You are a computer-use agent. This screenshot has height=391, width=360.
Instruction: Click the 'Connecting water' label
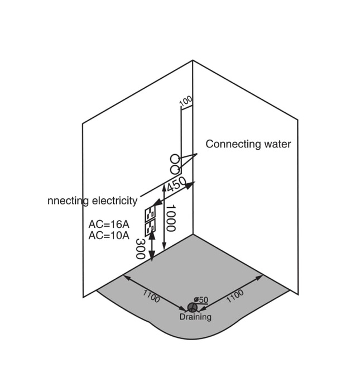[248, 144]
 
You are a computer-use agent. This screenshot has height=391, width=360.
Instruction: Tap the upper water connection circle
[175, 159]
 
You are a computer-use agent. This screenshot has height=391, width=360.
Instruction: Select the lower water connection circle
[175, 169]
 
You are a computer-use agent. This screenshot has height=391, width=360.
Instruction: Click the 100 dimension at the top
[186, 101]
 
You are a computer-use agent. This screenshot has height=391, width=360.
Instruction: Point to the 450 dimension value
[176, 184]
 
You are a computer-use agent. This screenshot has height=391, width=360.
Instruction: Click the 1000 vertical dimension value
[171, 218]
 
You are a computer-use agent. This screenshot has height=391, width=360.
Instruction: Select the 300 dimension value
[141, 249]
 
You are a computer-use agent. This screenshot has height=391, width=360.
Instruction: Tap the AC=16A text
[109, 225]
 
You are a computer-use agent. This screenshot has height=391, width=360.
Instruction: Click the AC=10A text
[109, 235]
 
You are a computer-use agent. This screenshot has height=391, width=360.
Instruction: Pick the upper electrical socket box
[150, 214]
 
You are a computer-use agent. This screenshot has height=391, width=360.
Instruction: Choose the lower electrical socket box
[150, 227]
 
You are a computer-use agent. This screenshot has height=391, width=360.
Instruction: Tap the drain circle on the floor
[191, 308]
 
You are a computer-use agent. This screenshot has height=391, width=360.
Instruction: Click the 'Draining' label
[195, 317]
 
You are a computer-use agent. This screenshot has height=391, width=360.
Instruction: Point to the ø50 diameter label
[201, 300]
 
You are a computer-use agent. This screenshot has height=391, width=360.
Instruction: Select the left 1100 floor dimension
[151, 295]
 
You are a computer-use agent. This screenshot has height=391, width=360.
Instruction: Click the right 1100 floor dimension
[235, 295]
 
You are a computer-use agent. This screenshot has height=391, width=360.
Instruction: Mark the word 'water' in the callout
[277, 144]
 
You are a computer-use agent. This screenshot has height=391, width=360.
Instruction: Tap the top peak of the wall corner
[193, 60]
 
